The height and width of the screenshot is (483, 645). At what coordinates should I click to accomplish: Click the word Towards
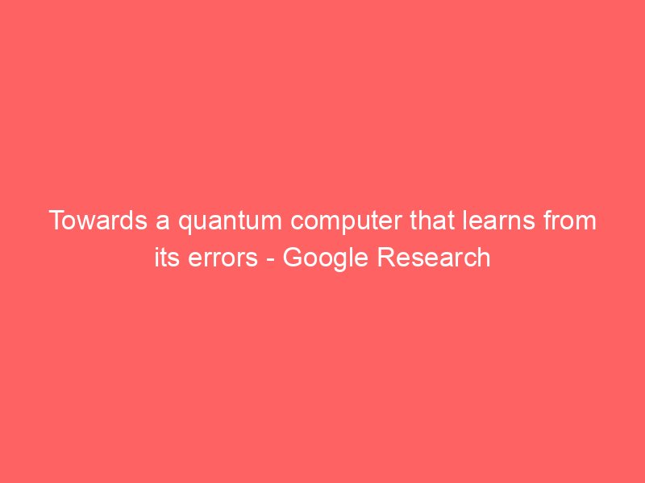click(98, 220)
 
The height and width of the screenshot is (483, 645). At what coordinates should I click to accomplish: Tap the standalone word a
click(163, 223)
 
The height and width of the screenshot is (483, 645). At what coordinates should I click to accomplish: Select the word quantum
click(230, 222)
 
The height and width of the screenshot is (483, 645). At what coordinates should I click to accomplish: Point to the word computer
click(346, 222)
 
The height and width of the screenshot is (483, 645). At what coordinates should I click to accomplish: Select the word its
click(167, 258)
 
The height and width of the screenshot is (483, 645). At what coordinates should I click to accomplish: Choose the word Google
click(326, 259)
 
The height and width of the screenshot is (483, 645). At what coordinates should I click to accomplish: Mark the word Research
click(434, 258)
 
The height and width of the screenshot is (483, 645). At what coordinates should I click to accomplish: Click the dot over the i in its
click(156, 249)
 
